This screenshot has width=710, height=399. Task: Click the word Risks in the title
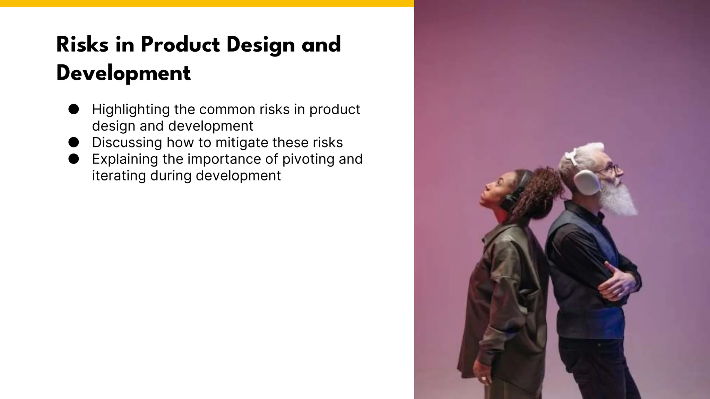click(83, 45)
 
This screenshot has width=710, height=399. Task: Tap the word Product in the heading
click(180, 45)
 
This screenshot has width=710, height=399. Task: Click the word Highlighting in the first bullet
click(131, 110)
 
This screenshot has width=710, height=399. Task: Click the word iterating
click(119, 176)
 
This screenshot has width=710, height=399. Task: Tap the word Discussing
click(127, 143)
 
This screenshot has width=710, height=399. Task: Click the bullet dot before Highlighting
click(73, 109)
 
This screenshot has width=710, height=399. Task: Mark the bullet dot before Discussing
click(73, 142)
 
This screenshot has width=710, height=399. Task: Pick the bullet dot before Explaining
click(73, 159)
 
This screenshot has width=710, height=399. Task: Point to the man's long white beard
click(619, 199)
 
